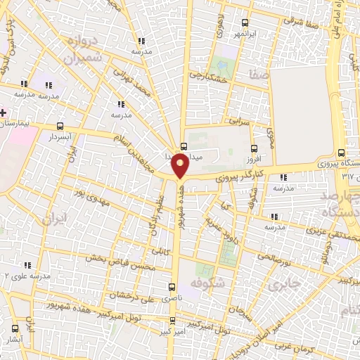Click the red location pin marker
(x=181, y=166)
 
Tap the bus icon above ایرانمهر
(x=244, y=22)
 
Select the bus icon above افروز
(x=254, y=148)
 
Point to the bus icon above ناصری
(x=172, y=287)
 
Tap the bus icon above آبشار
(x=15, y=328)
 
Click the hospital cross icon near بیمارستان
(x=4, y=112)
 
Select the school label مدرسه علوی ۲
(x=25, y=276)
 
